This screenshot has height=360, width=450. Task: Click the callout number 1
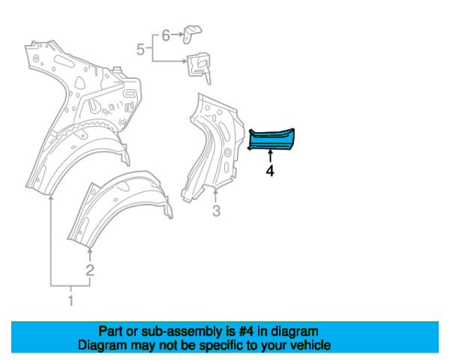click(71, 301)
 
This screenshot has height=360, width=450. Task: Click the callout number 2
click(89, 270)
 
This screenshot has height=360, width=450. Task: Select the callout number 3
click(216, 211)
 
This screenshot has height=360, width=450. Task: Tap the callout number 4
click(269, 171)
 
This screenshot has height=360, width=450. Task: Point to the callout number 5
click(140, 49)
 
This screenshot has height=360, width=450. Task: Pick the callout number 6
click(166, 34)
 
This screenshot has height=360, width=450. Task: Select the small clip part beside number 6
click(191, 32)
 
